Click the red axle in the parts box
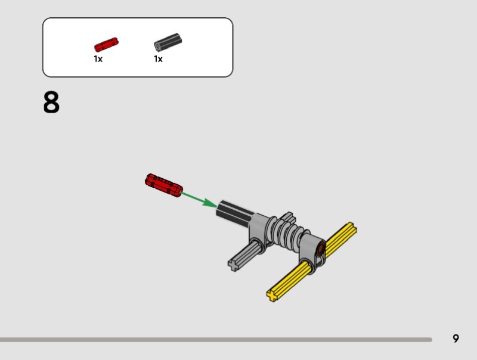[x=106, y=45]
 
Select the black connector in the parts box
[x=168, y=42]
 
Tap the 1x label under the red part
[x=98, y=59]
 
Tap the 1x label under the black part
[x=158, y=59]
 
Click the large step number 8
[x=51, y=102]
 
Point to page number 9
[x=456, y=339]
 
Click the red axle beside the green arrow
[x=163, y=185]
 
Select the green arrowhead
[x=210, y=203]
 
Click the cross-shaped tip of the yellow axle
[x=272, y=295]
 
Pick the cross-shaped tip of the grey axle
[x=233, y=265]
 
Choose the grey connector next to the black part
[x=259, y=232]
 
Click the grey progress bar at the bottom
[x=216, y=340]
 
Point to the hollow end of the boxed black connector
[x=158, y=46]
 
